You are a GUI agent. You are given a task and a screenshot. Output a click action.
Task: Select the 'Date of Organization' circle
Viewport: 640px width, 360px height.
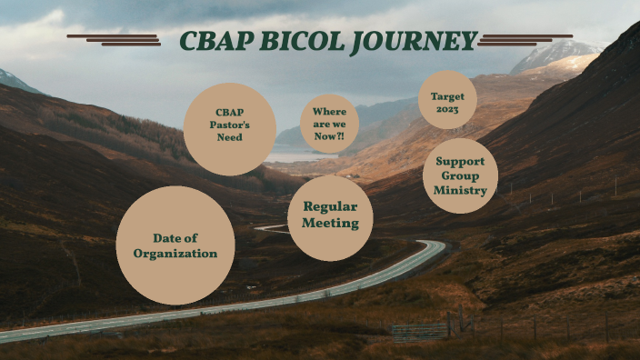click(175, 245)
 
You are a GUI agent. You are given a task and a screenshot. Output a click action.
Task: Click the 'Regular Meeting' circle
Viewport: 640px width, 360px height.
click(330, 216)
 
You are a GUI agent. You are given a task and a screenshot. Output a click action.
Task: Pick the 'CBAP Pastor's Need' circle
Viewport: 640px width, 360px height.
click(229, 127)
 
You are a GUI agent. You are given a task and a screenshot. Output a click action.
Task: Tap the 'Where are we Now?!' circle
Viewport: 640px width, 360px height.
click(329, 124)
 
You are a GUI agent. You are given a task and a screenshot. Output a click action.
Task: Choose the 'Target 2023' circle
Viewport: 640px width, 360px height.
click(447, 100)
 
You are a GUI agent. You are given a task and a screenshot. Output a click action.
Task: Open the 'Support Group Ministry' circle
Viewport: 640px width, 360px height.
click(460, 175)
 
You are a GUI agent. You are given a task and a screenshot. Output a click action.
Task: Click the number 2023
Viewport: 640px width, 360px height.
click(447, 109)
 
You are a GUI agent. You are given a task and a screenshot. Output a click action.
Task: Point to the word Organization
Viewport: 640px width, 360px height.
click(175, 254)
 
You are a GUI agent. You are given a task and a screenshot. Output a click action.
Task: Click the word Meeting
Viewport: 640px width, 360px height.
click(330, 224)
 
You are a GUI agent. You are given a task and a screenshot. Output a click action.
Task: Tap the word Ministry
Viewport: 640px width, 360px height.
click(460, 190)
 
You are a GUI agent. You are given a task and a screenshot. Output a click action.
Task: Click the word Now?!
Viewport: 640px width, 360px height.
click(329, 135)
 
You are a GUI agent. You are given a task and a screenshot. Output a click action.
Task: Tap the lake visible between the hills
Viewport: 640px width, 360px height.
click(291, 156)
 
